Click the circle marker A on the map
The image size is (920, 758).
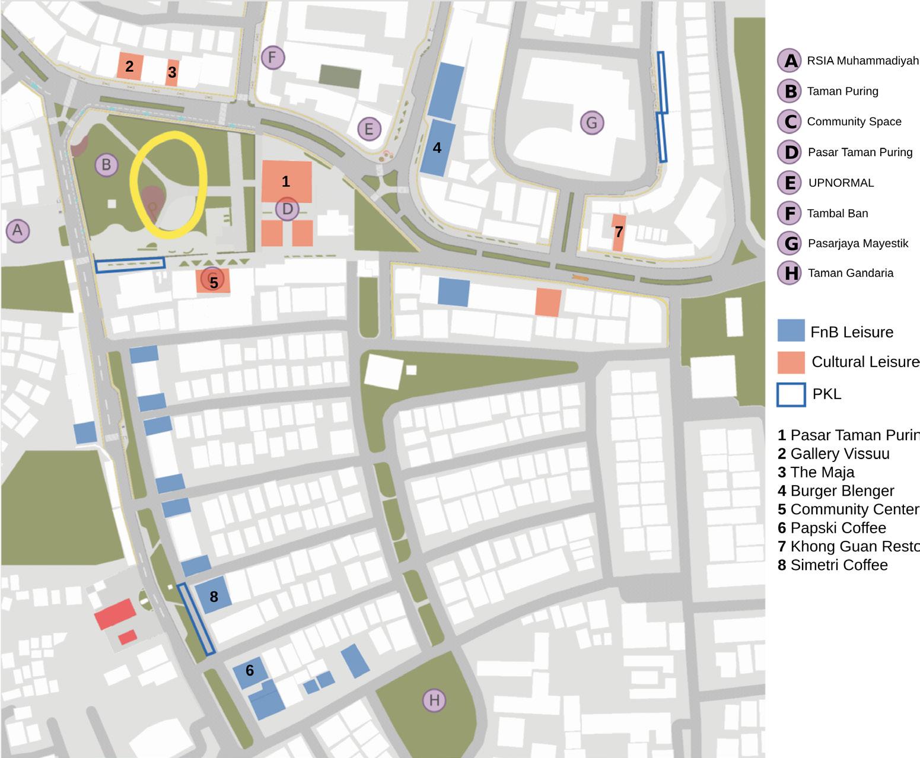(18, 230)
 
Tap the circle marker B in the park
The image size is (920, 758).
(106, 165)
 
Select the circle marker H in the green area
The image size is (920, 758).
(434, 700)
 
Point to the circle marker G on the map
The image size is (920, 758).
(591, 123)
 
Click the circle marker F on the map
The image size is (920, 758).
(273, 58)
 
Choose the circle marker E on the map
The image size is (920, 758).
(369, 129)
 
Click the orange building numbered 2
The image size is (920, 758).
(129, 66)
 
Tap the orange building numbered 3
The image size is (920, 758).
(172, 72)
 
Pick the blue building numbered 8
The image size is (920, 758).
(214, 595)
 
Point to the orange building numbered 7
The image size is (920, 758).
(619, 233)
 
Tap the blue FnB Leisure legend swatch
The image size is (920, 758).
(791, 331)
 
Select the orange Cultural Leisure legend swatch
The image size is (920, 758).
(791, 362)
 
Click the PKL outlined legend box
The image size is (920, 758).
(791, 394)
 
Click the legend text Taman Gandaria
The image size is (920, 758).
(850, 273)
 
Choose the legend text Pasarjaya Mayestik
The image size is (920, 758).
(858, 243)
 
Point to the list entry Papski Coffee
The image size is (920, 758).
(838, 528)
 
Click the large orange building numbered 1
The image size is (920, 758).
(286, 181)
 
